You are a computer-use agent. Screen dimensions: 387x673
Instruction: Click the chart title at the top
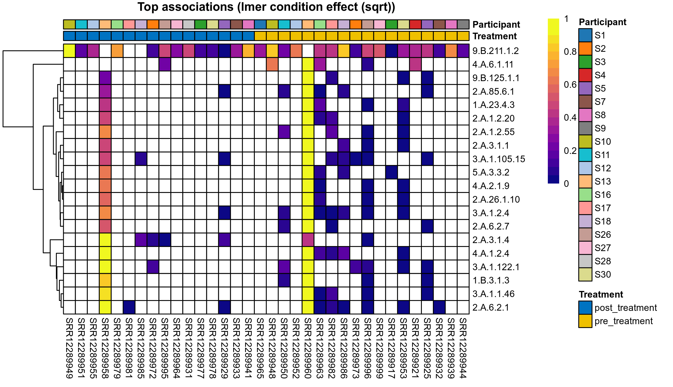click(266, 7)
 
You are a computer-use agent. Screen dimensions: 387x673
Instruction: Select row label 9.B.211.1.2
click(495, 51)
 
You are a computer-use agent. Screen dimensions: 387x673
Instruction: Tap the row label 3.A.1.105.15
click(499, 159)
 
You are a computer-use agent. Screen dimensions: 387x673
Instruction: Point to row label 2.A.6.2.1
click(490, 308)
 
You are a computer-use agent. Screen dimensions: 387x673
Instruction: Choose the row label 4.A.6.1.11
click(493, 64)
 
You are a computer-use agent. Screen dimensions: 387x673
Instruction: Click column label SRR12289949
click(69, 348)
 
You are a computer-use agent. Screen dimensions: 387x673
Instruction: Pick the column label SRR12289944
click(463, 348)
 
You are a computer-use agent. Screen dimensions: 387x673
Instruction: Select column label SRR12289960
click(308, 348)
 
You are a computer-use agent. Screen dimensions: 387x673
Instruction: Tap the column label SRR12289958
click(105, 348)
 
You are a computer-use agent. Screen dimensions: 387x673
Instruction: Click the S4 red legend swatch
click(585, 75)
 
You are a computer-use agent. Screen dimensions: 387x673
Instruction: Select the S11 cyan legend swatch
click(585, 155)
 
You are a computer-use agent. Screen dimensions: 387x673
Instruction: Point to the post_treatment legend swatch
click(585, 308)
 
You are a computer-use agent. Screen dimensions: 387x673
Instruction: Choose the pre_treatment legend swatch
click(585, 321)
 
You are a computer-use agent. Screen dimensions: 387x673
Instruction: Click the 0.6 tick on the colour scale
click(570, 85)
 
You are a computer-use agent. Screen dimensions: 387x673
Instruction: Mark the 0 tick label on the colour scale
click(566, 184)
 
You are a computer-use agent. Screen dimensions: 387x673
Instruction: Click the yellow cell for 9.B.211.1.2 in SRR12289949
click(69, 51)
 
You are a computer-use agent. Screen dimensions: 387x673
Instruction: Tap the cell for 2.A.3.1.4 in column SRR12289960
click(308, 240)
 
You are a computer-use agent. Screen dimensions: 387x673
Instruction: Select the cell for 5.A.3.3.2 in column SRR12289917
click(392, 172)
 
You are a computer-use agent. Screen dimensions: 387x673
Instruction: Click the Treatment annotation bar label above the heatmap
click(494, 36)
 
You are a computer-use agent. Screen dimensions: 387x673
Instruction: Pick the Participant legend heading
click(602, 22)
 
